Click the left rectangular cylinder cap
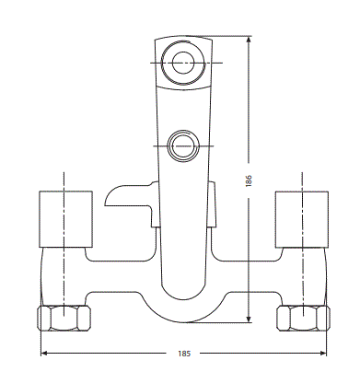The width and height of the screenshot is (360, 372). click(64, 220)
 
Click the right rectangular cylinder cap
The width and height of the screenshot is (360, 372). click(303, 220)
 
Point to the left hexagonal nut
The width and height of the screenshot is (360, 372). click(63, 319)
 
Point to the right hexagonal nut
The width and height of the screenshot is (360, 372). click(303, 319)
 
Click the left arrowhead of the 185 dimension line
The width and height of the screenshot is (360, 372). click(44, 353)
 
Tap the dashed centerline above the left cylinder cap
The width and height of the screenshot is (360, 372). click(64, 181)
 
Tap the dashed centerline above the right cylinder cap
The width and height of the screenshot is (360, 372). click(303, 181)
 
